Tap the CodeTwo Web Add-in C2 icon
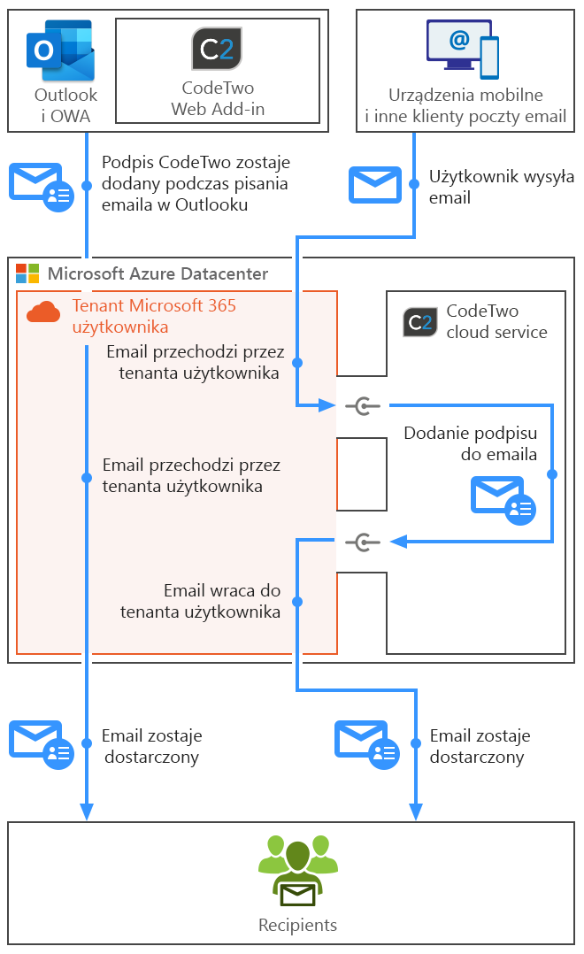point(217,49)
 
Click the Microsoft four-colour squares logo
point(28,273)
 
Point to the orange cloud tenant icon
point(43,312)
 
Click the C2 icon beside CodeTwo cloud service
point(420,322)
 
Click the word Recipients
point(297,926)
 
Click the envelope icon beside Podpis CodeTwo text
point(41,186)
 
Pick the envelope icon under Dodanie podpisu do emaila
point(503,499)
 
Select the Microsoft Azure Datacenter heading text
point(158,273)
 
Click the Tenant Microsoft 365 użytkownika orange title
point(154,316)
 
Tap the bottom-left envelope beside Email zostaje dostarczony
point(41,744)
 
